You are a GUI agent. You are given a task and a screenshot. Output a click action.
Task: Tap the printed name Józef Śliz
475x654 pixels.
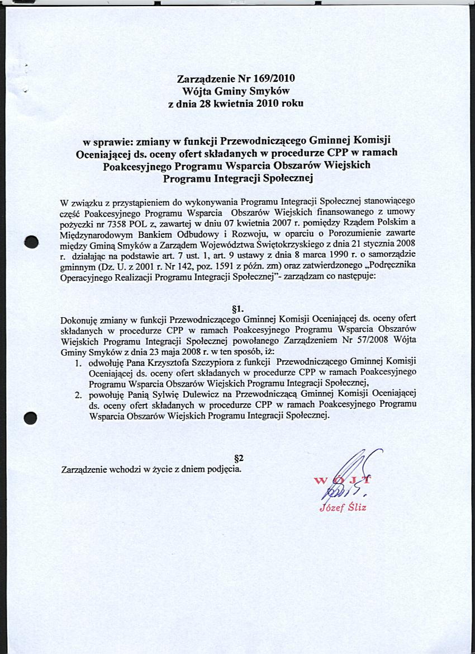pyautogui.click(x=343, y=508)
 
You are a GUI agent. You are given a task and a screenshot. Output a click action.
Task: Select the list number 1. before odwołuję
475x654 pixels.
pyautogui.click(x=79, y=363)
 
